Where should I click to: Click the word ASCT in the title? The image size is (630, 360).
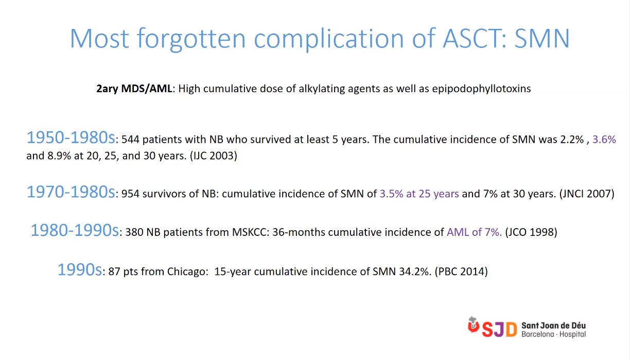[x=475, y=38]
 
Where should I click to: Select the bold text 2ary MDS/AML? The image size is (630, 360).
[x=134, y=89]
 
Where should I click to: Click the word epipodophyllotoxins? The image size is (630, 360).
[x=481, y=89]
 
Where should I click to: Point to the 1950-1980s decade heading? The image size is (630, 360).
[x=71, y=138]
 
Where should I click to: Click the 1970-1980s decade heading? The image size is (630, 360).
[x=71, y=192]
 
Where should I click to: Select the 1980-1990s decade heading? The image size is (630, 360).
[x=75, y=230]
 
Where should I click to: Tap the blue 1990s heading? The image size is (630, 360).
[x=80, y=270]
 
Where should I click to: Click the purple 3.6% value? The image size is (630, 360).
[x=604, y=140]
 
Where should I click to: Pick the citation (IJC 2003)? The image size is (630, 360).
[x=214, y=156]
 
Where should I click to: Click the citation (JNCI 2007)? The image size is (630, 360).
[x=587, y=194]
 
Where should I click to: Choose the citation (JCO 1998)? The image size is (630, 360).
[x=531, y=232]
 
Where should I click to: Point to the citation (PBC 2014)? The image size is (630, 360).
[x=461, y=271]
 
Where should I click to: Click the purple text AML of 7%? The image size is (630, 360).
[x=474, y=232]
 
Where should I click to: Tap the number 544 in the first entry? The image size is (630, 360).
[x=130, y=140]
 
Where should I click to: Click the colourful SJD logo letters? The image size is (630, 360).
[x=499, y=329]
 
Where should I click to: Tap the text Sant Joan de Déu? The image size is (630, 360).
[x=553, y=325]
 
